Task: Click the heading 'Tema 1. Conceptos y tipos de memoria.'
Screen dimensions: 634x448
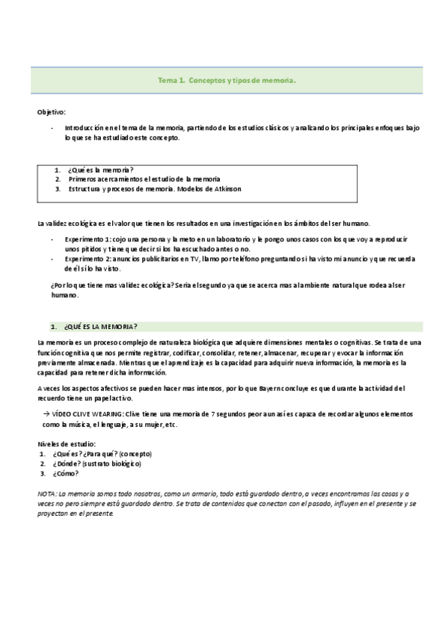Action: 227,79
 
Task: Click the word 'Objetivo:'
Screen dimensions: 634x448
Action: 52,111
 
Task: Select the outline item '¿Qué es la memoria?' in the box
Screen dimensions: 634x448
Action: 100,170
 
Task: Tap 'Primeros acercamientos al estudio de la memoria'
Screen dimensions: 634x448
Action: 144,179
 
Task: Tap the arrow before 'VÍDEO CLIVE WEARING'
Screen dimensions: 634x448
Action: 46,413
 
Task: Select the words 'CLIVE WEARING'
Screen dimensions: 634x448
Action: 99,413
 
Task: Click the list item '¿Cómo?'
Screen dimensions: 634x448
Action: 66,473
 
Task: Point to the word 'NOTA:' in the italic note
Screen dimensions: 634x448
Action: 46,494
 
